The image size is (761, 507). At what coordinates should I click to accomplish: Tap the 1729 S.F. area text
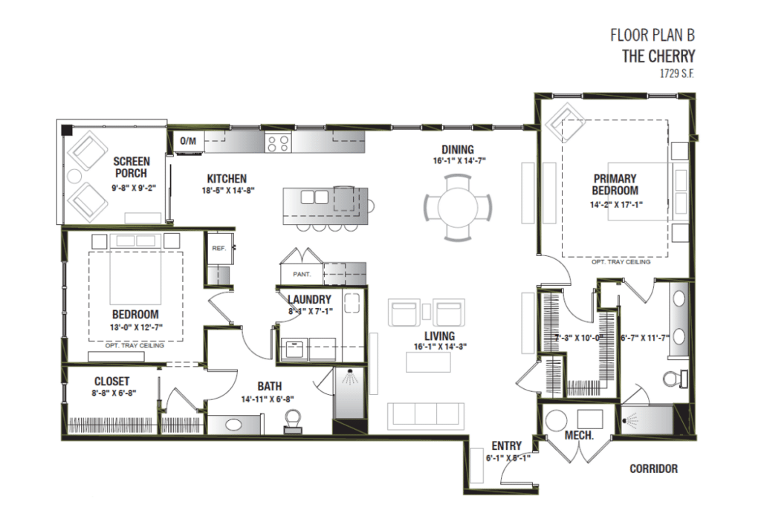[676, 73]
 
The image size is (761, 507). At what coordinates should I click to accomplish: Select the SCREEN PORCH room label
[131, 167]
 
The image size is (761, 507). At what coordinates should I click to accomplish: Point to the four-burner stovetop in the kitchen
[279, 143]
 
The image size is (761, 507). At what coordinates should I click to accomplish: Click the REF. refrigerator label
[218, 248]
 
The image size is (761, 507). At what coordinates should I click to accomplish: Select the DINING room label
[457, 149]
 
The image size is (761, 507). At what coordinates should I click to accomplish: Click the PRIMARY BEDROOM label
[615, 184]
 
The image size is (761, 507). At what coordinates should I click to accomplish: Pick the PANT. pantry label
[301, 274]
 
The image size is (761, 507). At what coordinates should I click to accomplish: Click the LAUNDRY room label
[308, 299]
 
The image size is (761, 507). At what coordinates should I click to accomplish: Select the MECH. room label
[579, 435]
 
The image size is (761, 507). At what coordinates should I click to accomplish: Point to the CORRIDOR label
[653, 468]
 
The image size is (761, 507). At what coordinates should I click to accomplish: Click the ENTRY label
[508, 445]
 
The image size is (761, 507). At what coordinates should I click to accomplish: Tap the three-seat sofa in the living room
[426, 413]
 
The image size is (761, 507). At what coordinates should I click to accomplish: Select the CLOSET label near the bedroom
[111, 381]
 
